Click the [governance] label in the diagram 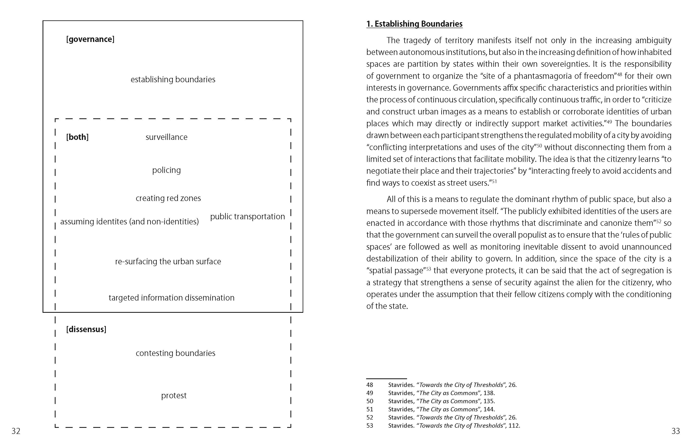tap(90, 39)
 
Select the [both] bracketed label tap(77, 137)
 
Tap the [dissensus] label tap(86, 329)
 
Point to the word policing tap(166, 170)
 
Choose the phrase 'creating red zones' tap(168, 198)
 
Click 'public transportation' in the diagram tap(247, 216)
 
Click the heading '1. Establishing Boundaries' tap(414, 24)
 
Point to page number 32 tap(16, 431)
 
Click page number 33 tap(676, 431)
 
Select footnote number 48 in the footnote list tap(370, 385)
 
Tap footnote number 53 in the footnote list tap(370, 426)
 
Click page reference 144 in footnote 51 tap(488, 409)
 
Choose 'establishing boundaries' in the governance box tap(173, 79)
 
